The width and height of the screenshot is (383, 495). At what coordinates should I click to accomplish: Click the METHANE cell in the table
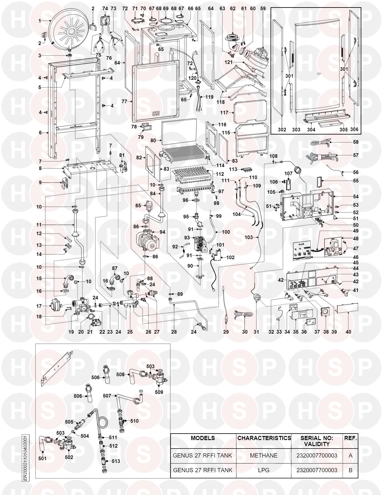263,455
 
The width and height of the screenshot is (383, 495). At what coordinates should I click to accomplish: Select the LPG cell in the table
263,470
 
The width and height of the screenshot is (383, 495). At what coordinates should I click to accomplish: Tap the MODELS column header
203,438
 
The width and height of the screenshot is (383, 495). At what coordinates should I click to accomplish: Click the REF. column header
350,438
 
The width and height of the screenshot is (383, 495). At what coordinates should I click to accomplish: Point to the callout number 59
263,9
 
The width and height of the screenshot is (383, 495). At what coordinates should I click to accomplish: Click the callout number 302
282,130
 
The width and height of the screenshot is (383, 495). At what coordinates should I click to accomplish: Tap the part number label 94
163,232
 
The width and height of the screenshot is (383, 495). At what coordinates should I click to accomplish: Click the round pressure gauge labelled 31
256,297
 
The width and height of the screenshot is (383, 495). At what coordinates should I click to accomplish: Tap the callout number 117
224,112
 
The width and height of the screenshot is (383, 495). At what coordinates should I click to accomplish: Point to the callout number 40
348,332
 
